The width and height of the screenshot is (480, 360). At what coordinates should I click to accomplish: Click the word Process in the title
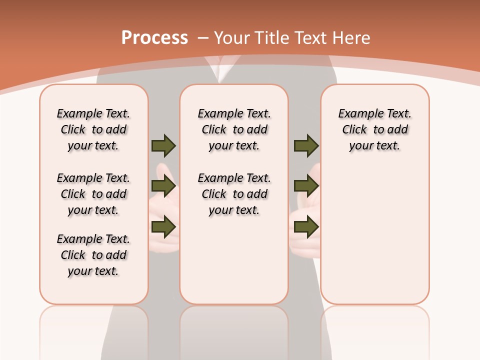(x=154, y=37)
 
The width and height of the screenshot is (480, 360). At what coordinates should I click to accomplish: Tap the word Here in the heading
(x=352, y=38)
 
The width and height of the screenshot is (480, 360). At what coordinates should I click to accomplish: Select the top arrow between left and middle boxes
(x=163, y=145)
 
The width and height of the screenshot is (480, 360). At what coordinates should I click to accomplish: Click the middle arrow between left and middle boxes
(x=163, y=186)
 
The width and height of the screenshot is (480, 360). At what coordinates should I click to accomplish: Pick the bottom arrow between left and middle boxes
(x=163, y=227)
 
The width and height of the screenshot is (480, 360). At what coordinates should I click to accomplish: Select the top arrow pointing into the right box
(x=306, y=145)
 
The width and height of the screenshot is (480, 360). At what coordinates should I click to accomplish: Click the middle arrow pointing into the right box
(x=306, y=186)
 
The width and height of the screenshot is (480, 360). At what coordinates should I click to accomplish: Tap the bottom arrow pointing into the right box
(x=306, y=227)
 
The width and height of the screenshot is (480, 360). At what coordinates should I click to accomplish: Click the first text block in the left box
(x=93, y=129)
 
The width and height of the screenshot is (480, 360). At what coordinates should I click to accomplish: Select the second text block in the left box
(x=93, y=194)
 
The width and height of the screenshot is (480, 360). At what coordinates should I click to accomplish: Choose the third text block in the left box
(x=93, y=255)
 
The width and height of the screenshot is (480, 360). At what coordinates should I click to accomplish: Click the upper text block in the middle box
(x=234, y=129)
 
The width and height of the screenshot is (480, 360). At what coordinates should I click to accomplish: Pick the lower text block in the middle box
(x=234, y=194)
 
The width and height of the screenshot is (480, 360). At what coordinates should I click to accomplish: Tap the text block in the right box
(x=375, y=129)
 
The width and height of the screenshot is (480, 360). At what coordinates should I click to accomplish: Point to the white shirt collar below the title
(x=218, y=70)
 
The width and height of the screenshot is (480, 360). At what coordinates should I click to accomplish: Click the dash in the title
(x=203, y=38)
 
